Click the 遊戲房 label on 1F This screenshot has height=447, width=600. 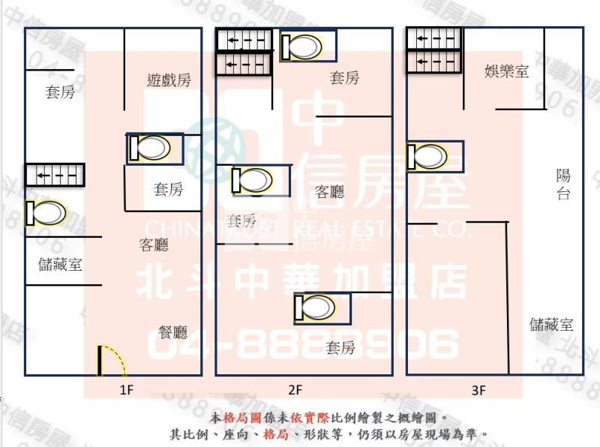click(x=169, y=80)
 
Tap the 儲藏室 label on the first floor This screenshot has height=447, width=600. click(x=60, y=264)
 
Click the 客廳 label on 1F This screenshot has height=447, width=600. click(x=154, y=244)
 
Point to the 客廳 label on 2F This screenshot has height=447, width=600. click(x=330, y=191)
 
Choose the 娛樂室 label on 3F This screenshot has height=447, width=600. click(x=507, y=72)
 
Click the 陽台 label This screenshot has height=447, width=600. click(x=563, y=184)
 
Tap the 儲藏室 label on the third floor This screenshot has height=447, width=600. click(x=551, y=325)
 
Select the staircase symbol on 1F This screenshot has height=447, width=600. click(x=55, y=175)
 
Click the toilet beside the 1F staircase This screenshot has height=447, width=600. click(x=45, y=213)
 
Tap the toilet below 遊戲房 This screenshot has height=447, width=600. click(x=154, y=147)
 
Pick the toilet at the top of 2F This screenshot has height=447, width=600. click(x=307, y=46)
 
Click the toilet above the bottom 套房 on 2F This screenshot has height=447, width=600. click(x=322, y=307)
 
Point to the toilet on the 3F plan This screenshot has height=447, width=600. click(x=434, y=157)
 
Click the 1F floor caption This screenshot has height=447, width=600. click(x=126, y=389)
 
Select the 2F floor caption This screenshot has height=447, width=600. click(x=295, y=389)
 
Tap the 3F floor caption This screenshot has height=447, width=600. click(x=479, y=389)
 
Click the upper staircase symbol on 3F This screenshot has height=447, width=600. click(x=431, y=38)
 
